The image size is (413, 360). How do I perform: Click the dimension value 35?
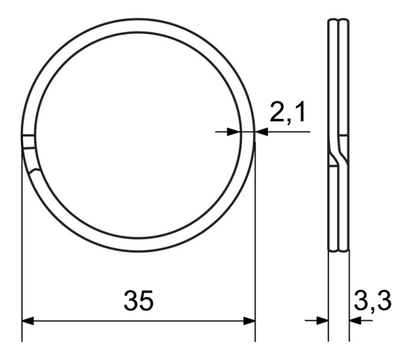(x=139, y=300)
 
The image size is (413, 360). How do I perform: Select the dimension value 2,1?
(x=287, y=113)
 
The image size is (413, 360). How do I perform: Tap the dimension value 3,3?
(x=373, y=301)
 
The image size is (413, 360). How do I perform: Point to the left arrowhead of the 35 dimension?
(x=28, y=321)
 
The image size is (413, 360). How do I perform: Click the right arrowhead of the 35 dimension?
(x=249, y=321)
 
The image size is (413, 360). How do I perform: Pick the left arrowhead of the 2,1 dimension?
(x=233, y=132)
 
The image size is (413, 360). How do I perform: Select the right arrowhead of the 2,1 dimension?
(x=261, y=132)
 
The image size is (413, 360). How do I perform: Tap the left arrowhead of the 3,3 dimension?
(x=322, y=320)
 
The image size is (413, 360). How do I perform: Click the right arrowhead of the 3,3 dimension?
(x=355, y=320)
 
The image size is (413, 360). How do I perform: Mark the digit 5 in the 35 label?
(x=146, y=300)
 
